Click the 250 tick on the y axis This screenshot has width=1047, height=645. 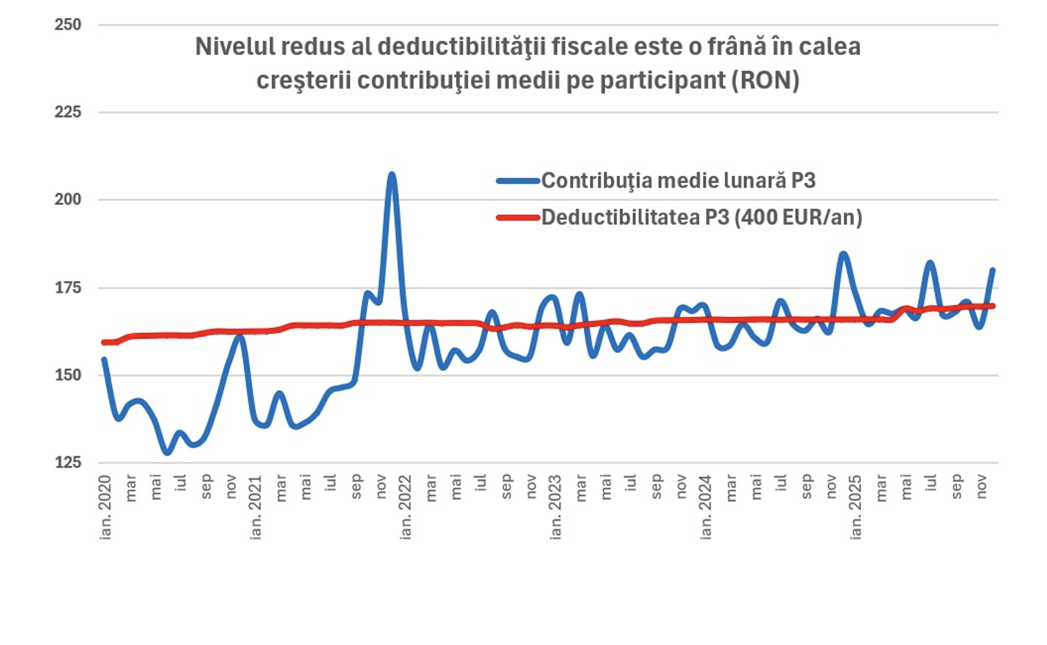[68, 25]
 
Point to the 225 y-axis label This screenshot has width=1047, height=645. [68, 112]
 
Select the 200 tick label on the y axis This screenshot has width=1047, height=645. [68, 199]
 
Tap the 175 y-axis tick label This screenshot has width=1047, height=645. [68, 288]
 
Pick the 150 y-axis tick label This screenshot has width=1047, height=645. [68, 375]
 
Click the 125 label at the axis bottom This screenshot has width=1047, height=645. [68, 462]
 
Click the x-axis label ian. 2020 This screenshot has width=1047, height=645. [105, 507]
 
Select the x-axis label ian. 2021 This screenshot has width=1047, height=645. [256, 507]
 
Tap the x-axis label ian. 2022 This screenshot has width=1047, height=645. [405, 507]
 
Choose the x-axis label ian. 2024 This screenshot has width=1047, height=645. [706, 507]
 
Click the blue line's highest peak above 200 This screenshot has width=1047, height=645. [391, 175]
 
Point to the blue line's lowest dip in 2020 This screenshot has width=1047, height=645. [168, 453]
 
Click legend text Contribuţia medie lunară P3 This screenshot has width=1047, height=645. [678, 181]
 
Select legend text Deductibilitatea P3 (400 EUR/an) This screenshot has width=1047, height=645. [701, 217]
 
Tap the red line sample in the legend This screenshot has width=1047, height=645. [518, 218]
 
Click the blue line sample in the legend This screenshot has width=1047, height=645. [518, 181]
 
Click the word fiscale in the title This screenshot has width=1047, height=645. [590, 47]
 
